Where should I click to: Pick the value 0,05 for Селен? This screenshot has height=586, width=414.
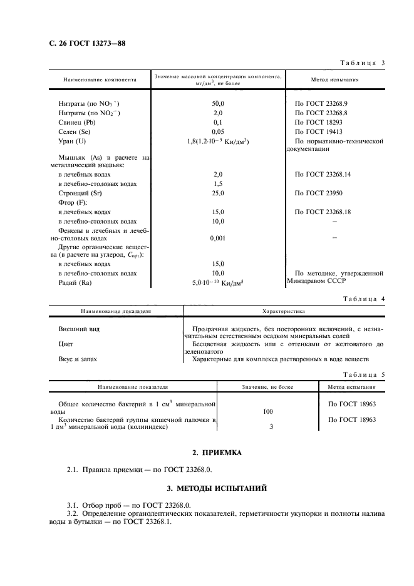point(218,132)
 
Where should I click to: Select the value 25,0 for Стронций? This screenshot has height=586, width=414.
point(218,193)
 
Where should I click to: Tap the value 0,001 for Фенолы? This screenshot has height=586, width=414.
point(218,238)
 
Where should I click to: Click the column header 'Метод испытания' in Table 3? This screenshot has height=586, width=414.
point(335,80)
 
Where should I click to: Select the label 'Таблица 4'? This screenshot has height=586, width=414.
point(362,299)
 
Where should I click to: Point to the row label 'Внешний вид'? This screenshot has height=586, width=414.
point(79,329)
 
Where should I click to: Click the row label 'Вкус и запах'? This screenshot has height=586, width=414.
point(78,359)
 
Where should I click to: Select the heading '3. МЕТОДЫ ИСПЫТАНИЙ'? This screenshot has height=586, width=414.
point(220,486)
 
